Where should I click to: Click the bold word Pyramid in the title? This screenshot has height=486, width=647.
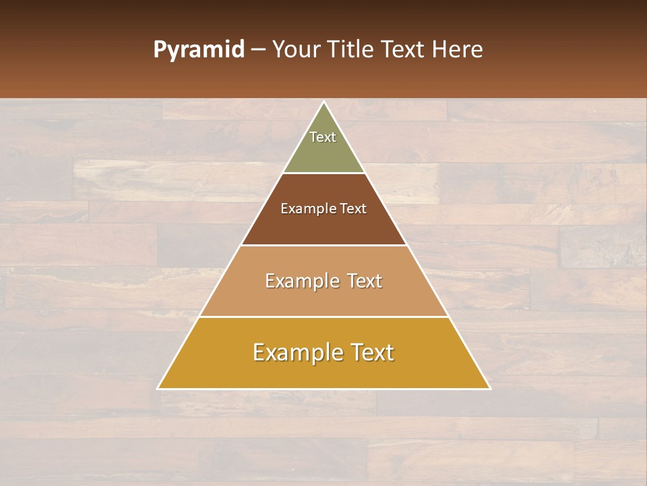[x=198, y=50]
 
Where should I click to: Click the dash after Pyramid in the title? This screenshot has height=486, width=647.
[x=258, y=50]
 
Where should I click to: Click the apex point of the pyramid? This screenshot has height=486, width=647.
[x=323, y=103]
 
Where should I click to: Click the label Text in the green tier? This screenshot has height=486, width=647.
[x=323, y=137]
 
